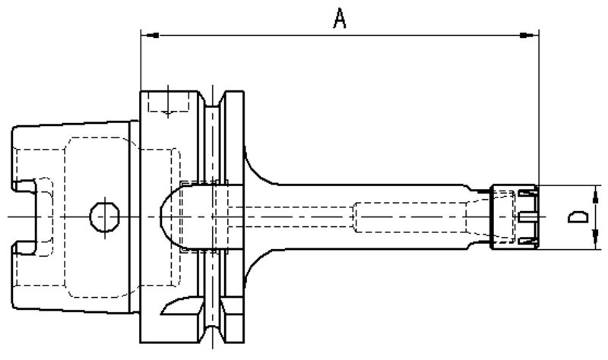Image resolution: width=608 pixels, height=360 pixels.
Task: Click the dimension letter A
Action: coord(340,19)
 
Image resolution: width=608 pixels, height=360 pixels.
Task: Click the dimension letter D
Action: coord(579,218)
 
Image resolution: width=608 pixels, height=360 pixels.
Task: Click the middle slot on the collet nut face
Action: coord(527,217)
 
